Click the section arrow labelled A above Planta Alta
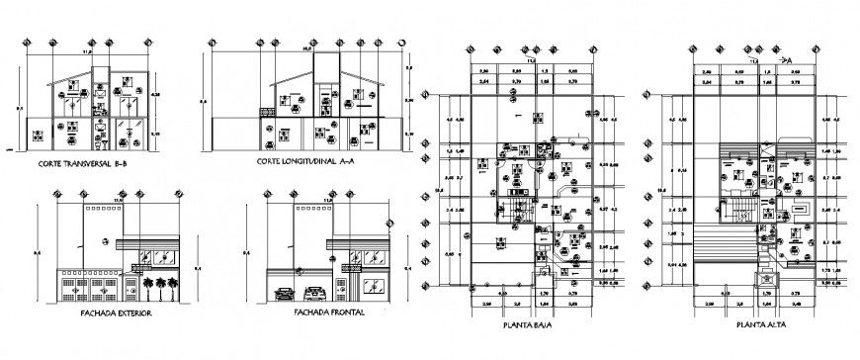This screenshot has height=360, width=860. click(790, 60)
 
